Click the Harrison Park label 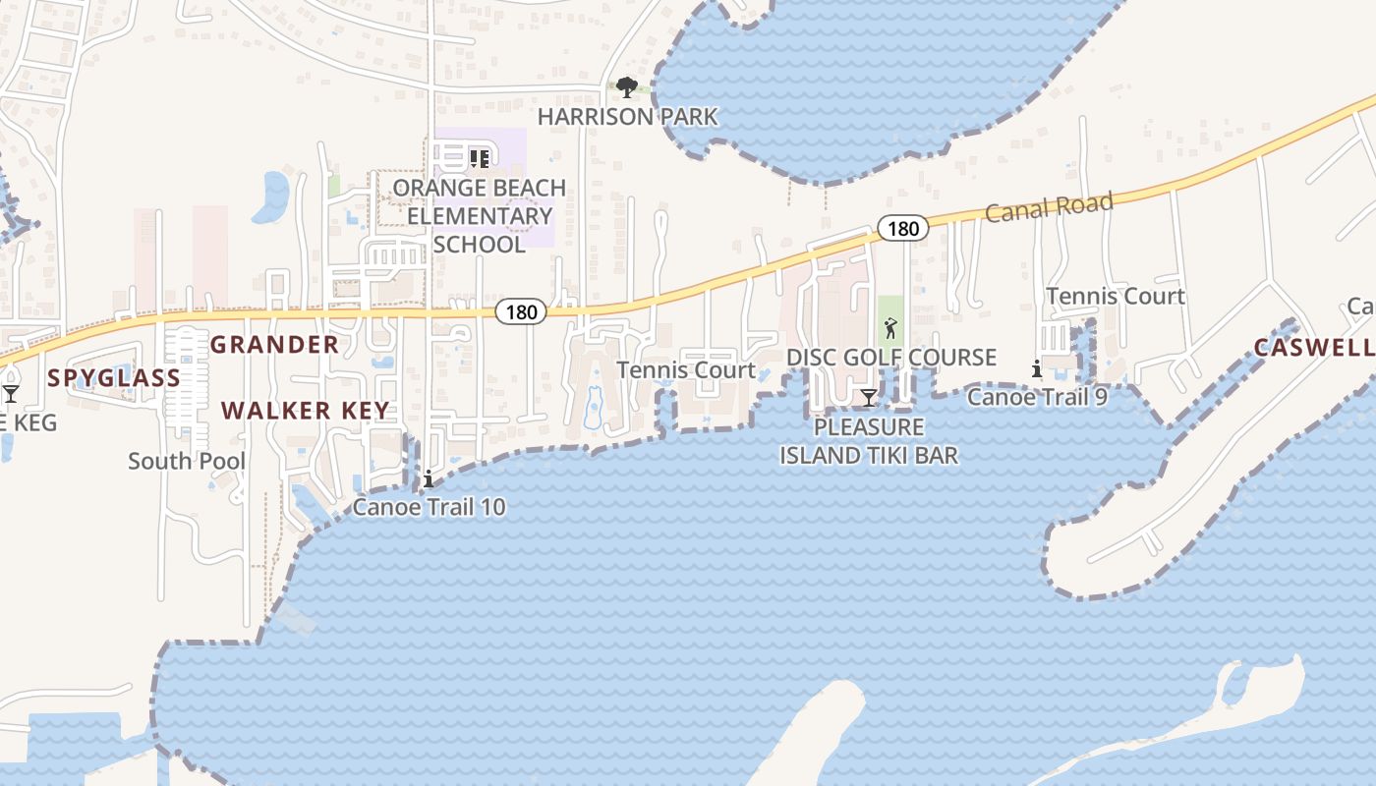tap(627, 117)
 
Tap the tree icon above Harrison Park tap(626, 87)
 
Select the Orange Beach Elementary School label tap(480, 216)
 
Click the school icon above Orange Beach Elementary tap(479, 157)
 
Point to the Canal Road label tap(1049, 207)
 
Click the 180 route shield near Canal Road tap(901, 229)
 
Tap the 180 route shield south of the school tap(521, 312)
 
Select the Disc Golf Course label tap(891, 357)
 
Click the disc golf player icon tap(890, 327)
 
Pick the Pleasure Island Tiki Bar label tap(869, 441)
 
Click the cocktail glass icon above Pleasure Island tap(869, 397)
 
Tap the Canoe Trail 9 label tap(1037, 397)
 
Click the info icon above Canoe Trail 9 tap(1037, 368)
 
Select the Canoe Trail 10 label tap(430, 507)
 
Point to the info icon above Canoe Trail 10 tap(429, 478)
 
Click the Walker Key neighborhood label tap(305, 411)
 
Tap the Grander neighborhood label tap(274, 345)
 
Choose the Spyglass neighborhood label tap(114, 378)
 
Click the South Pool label tap(187, 461)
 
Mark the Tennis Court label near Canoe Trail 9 tap(1116, 296)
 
